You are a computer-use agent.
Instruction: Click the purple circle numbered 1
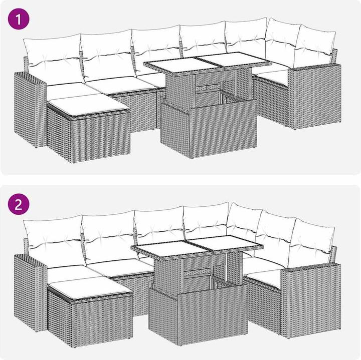(x=19, y=19)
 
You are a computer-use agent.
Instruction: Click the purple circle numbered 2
(x=19, y=204)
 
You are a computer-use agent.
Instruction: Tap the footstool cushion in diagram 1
(x=89, y=105)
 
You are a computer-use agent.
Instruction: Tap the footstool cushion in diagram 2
(x=90, y=287)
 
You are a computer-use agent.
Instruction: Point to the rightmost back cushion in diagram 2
(x=311, y=243)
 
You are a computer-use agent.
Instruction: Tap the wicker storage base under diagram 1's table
(x=209, y=130)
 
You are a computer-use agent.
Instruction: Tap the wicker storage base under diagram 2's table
(x=198, y=314)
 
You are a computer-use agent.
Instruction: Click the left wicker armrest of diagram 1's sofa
(x=30, y=110)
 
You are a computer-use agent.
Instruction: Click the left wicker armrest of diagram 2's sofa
(x=30, y=292)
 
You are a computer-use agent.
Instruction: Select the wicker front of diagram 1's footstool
(x=100, y=138)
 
